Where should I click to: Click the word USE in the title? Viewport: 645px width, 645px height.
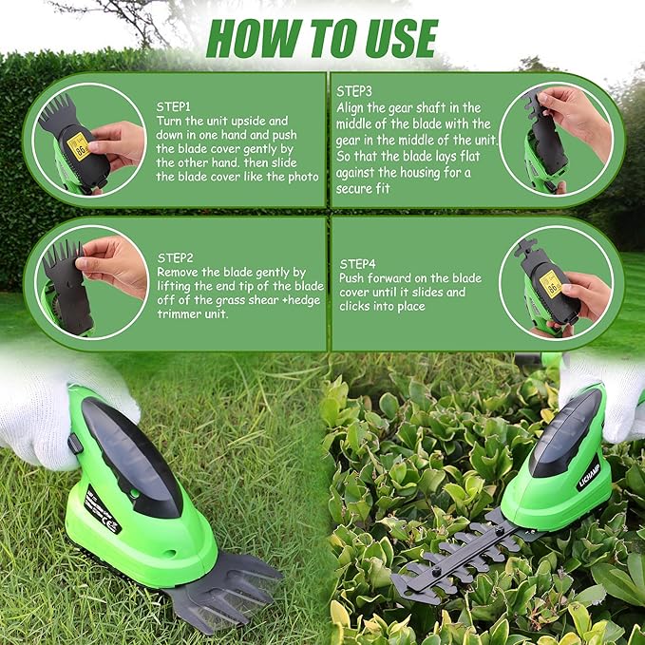click(x=394, y=39)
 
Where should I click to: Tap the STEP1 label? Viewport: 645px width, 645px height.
click(x=174, y=107)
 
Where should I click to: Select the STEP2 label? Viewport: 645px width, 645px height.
click(x=176, y=256)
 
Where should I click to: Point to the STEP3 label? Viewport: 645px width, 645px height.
click(x=355, y=91)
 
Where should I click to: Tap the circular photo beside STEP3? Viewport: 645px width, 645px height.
click(x=556, y=138)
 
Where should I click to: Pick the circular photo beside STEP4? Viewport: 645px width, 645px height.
click(x=556, y=282)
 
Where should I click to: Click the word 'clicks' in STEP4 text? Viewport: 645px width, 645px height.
click(x=356, y=308)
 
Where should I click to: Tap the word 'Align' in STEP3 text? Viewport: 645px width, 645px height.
click(x=352, y=108)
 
